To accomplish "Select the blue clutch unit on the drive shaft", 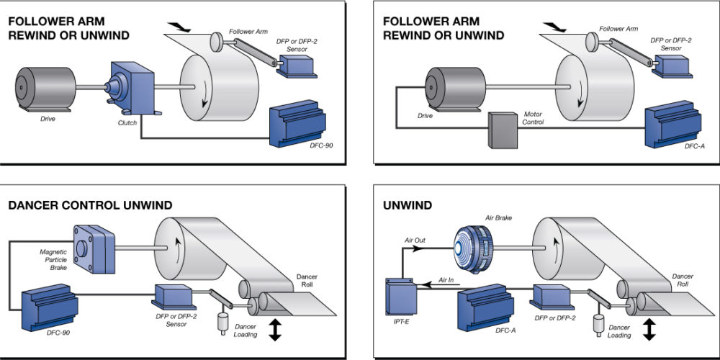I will [x=129, y=87].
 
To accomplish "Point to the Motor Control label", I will [x=534, y=118].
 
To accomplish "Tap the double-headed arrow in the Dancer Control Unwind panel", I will [x=275, y=330].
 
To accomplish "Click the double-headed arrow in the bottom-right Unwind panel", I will [x=649, y=330].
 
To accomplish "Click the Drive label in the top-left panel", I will [x=49, y=118].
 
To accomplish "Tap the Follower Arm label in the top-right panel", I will [x=622, y=29].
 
